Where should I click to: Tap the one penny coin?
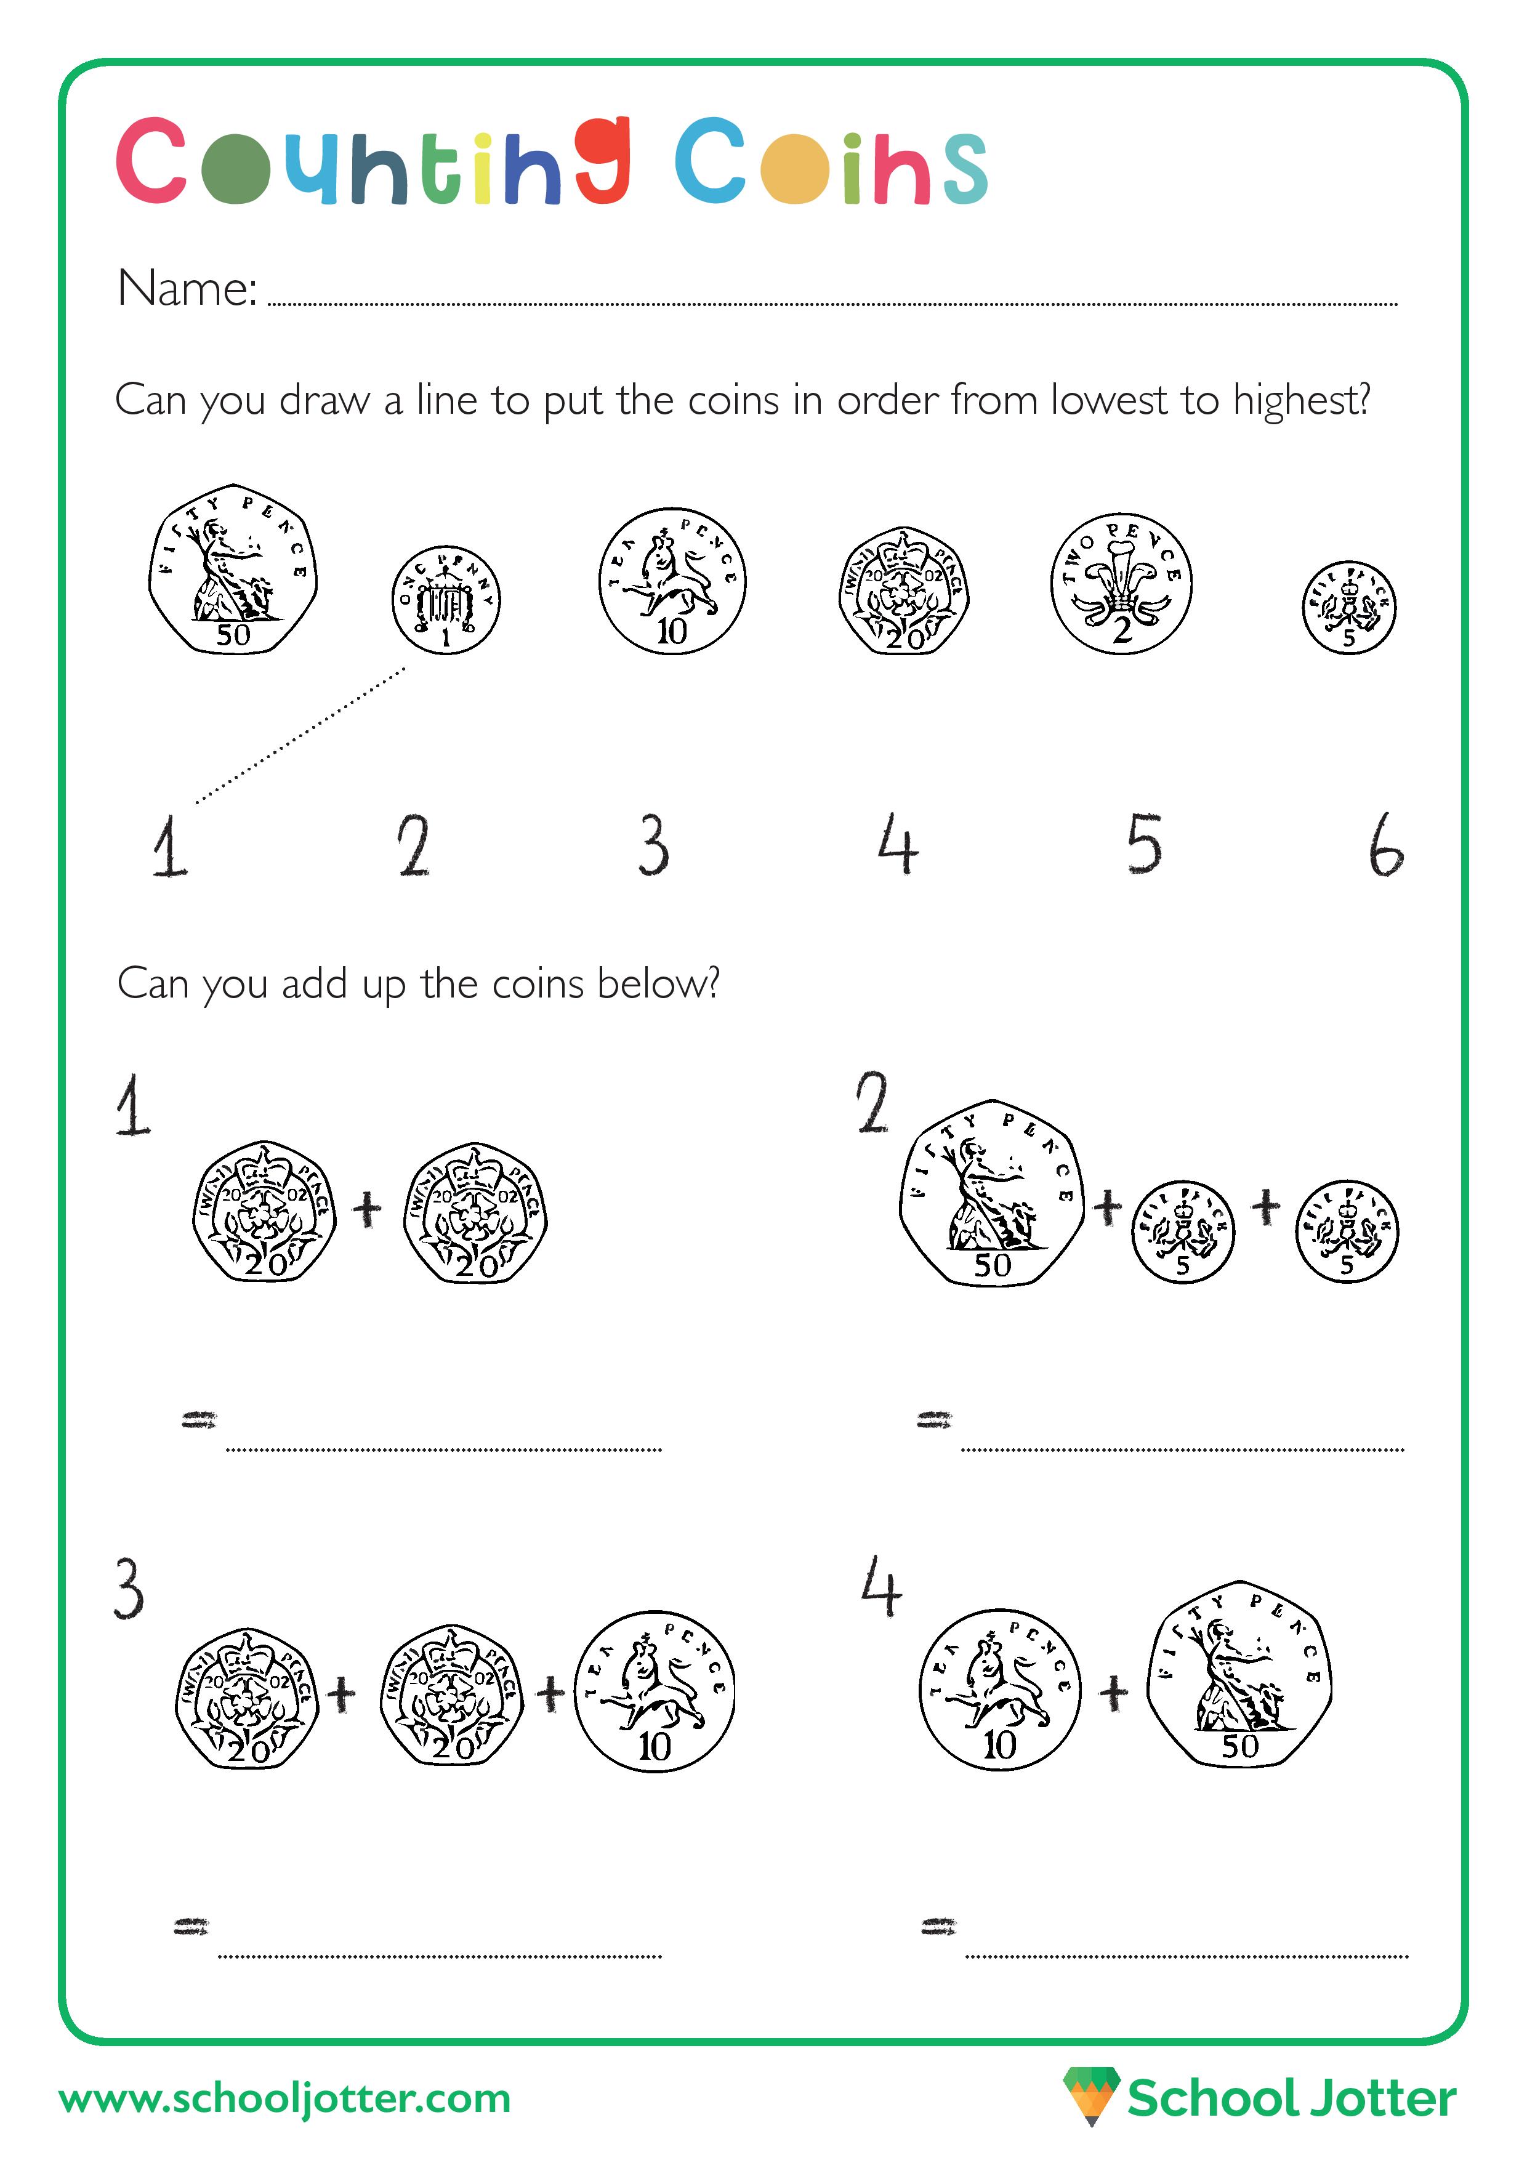446,599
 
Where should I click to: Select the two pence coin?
1121,584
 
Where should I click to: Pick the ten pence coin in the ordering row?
672,581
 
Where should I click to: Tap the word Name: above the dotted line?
187,288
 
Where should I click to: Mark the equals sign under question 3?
191,1928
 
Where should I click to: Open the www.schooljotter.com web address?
284,2098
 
